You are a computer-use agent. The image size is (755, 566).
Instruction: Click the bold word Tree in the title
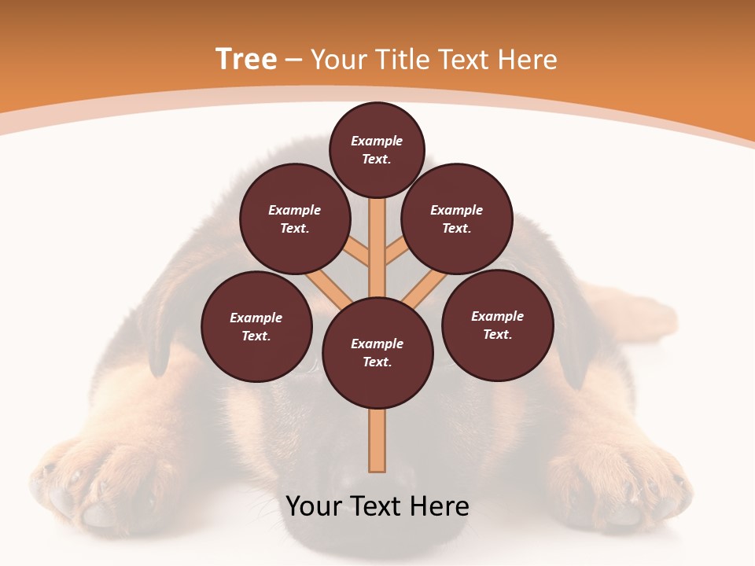click(x=246, y=60)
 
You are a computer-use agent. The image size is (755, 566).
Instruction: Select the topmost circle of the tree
click(x=377, y=150)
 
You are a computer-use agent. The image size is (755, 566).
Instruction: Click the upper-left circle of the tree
click(x=294, y=219)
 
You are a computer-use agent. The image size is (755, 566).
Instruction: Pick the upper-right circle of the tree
click(x=457, y=219)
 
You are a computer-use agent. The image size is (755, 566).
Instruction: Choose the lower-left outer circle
click(x=256, y=327)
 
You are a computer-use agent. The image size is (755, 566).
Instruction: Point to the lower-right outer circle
click(x=497, y=325)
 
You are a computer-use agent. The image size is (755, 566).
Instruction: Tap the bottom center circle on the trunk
click(x=377, y=353)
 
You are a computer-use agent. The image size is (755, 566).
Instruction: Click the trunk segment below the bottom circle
click(x=377, y=440)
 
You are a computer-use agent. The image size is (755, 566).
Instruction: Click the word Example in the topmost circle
click(x=377, y=141)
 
